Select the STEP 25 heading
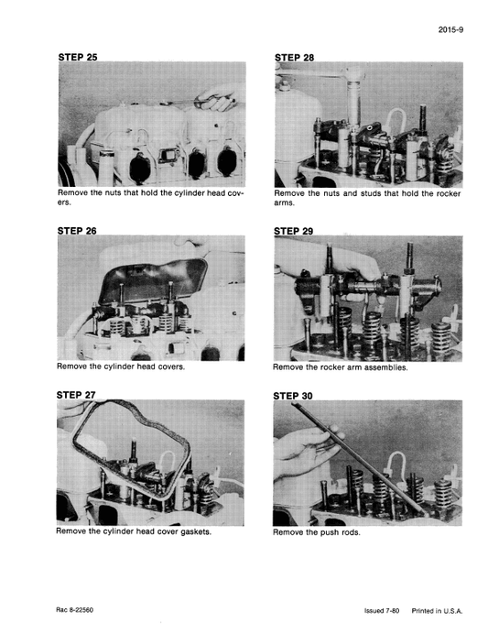pyautogui.click(x=77, y=57)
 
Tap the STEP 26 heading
pyautogui.click(x=77, y=231)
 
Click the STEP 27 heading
pyautogui.click(x=76, y=395)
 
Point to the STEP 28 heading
pyautogui.click(x=294, y=57)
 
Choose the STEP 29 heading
pyautogui.click(x=294, y=231)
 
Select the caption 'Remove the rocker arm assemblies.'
pyautogui.click(x=340, y=367)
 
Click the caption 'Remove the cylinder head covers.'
pyautogui.click(x=121, y=367)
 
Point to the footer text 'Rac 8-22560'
pyautogui.click(x=77, y=609)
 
